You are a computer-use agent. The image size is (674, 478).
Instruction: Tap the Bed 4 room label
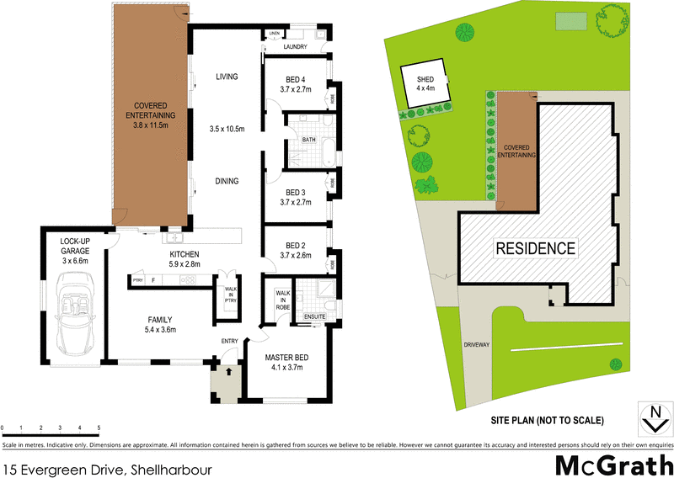(297, 81)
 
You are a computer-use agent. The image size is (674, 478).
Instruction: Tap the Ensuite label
(315, 316)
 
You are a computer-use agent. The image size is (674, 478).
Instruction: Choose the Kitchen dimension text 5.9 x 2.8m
(185, 264)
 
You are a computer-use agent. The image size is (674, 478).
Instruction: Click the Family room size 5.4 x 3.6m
(160, 331)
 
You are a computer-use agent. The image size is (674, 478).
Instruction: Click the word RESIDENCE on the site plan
(535, 248)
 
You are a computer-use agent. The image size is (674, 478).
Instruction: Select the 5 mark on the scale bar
(99, 428)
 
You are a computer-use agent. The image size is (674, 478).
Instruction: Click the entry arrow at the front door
(228, 369)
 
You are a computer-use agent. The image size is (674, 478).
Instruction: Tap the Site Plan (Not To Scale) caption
(548, 419)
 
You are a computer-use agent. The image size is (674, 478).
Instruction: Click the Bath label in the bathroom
(308, 140)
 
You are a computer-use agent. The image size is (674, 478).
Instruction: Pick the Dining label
(227, 181)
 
